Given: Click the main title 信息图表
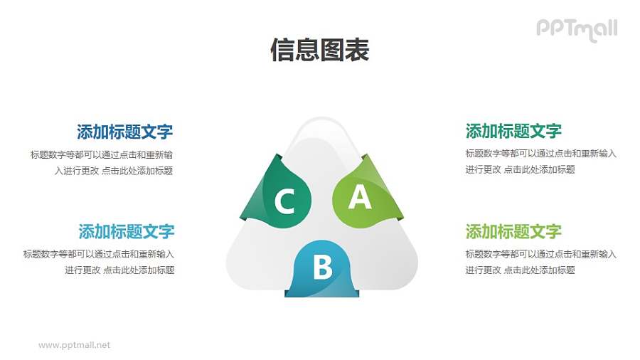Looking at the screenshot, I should click(319, 51).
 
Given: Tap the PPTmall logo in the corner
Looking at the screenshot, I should click(577, 29).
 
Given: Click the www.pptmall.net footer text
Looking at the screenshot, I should click(74, 345).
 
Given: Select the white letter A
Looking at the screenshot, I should click(359, 197).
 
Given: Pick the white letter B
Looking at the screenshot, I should click(323, 268).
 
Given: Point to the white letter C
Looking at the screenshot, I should click(284, 202).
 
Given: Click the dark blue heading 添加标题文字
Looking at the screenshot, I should click(124, 132).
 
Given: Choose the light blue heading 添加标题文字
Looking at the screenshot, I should click(126, 232).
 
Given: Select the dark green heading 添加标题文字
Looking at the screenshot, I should click(513, 131).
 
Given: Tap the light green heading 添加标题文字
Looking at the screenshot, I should click(513, 232).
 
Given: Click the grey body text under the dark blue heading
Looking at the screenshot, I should click(102, 162).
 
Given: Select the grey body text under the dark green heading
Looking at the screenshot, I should click(540, 162).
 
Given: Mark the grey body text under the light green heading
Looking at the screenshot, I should click(540, 262).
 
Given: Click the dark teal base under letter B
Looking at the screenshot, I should click(322, 291).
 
